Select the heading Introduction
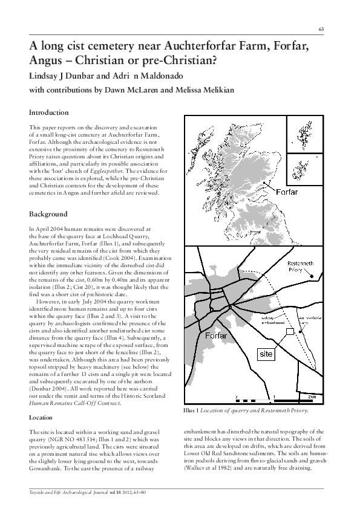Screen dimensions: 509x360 (x=49, y=113)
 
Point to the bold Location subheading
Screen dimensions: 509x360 (x=42, y=418)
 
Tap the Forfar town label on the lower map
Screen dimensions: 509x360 (x=215, y=335)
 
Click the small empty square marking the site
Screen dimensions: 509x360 (x=290, y=331)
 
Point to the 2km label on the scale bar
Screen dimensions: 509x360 (x=313, y=397)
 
